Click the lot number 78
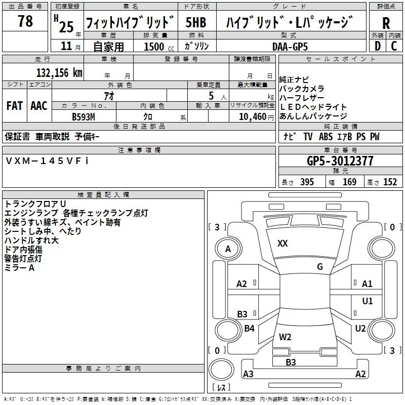(x=25, y=21)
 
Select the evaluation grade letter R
(x=386, y=23)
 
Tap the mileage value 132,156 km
(x=59, y=73)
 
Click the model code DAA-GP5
(x=290, y=47)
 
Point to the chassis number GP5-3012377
(x=340, y=161)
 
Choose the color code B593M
(x=84, y=117)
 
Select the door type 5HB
(x=196, y=22)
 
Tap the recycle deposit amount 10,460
(x=253, y=117)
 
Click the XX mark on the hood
(x=282, y=244)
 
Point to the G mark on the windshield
(x=320, y=266)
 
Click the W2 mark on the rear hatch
(x=285, y=337)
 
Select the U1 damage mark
(x=368, y=301)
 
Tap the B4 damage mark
(x=249, y=328)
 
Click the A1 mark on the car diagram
(x=367, y=284)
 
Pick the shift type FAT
(x=15, y=106)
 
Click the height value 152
(x=390, y=182)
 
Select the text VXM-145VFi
(x=47, y=161)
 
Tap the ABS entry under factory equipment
(x=326, y=137)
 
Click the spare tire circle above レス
(x=221, y=369)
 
